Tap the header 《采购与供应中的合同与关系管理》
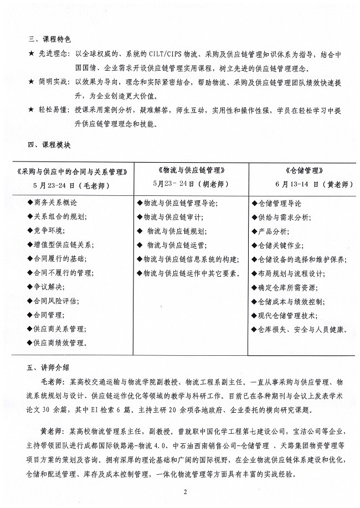pos(73,171)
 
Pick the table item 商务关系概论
pos(56,203)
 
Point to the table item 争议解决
pos(50,287)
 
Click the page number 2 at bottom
pos(180,491)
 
